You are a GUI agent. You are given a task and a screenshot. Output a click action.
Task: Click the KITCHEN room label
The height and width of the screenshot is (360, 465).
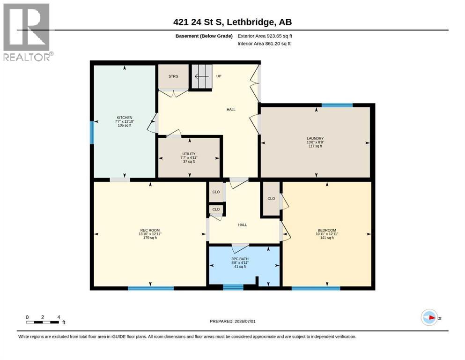tap(125, 118)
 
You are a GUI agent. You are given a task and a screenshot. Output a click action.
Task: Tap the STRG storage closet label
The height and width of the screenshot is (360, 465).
tap(173, 76)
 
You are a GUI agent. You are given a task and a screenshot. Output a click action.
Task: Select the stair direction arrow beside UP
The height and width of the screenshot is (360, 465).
tap(202, 77)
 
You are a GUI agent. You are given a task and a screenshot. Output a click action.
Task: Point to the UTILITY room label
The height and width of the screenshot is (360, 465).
tap(189, 154)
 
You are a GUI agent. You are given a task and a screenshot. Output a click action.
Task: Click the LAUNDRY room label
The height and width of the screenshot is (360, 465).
tap(315, 138)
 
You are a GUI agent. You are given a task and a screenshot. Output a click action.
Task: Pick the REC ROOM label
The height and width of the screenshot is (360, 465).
tap(150, 230)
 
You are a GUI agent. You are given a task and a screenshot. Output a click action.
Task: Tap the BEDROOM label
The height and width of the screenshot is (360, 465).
tap(327, 230)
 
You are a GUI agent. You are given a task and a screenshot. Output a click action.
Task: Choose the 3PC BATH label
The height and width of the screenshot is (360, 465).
tap(240, 259)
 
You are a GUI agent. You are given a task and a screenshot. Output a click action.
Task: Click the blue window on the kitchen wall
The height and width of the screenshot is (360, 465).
tap(92, 133)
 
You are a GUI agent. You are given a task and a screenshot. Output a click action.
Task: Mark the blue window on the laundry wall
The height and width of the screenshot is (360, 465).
tap(337, 105)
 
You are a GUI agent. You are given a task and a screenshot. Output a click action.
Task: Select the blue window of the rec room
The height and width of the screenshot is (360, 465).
tap(151, 288)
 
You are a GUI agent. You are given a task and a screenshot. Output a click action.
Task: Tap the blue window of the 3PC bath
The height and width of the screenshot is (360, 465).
tap(233, 287)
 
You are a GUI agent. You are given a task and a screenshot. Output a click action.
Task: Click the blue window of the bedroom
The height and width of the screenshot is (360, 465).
tap(316, 288)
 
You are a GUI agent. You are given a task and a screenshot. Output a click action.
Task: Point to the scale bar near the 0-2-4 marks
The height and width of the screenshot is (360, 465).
tap(43, 322)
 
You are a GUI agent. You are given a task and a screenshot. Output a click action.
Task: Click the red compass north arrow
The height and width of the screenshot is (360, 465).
tap(432, 317)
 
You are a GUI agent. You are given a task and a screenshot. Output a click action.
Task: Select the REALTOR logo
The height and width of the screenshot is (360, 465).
tap(27, 32)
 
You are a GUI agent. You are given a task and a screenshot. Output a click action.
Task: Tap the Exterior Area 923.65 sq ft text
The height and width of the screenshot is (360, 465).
tap(265, 36)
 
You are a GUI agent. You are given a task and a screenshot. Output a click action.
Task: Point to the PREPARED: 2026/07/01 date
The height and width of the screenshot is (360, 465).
tap(232, 321)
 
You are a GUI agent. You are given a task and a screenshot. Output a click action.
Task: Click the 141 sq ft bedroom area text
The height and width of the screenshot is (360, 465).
tap(327, 238)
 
